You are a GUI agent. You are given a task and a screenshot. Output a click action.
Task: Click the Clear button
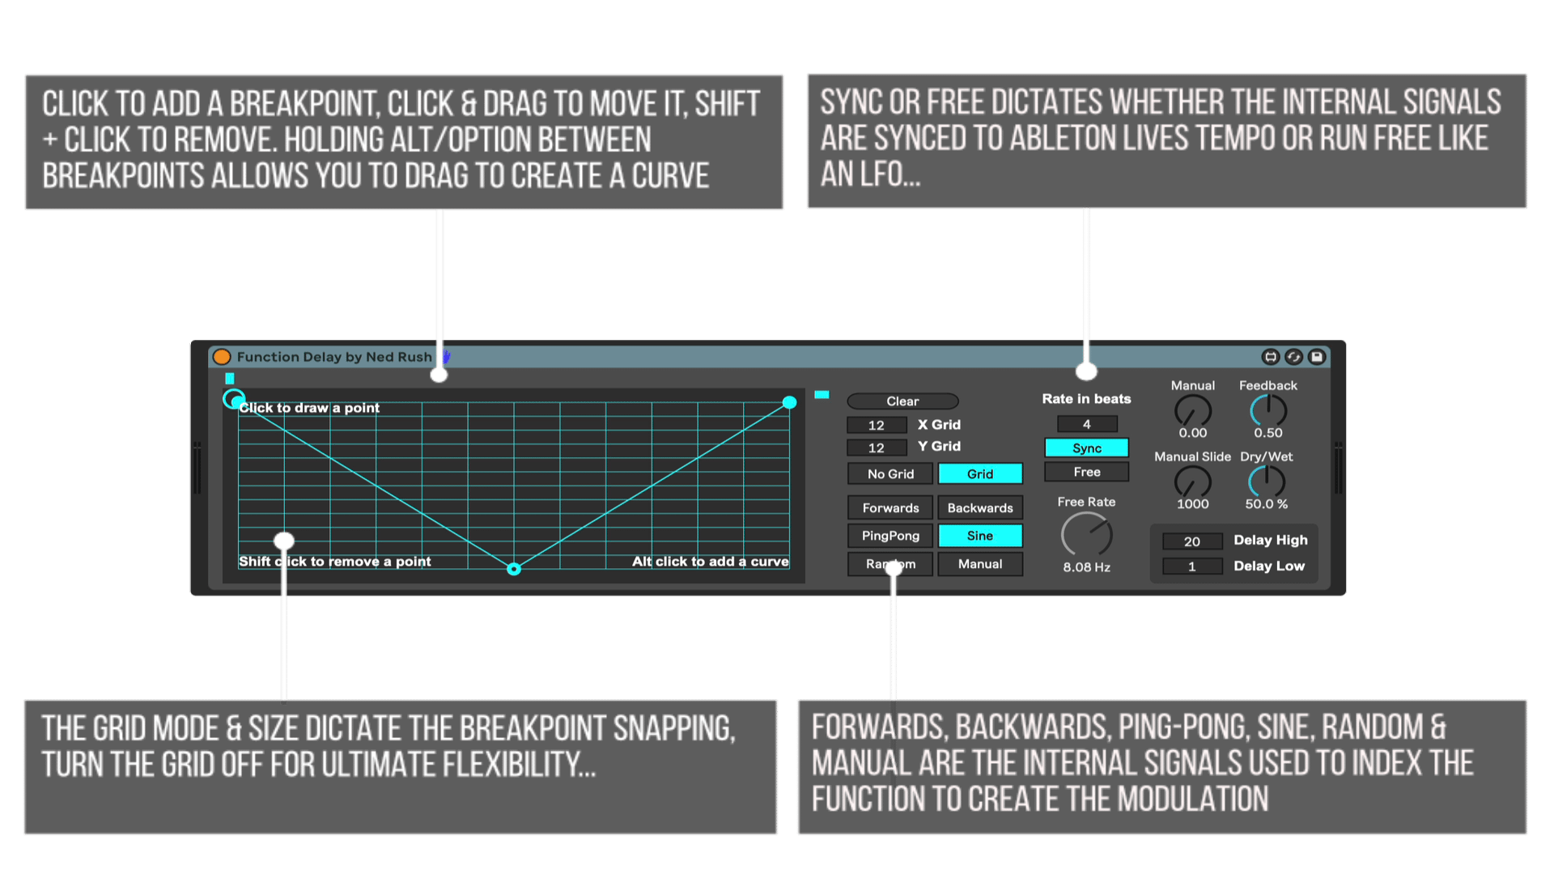902,401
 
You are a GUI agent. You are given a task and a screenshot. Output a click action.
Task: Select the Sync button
1086,448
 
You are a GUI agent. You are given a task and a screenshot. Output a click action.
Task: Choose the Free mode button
1086,472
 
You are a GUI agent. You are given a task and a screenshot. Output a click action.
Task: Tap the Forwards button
890,507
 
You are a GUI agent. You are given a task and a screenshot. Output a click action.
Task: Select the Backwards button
980,507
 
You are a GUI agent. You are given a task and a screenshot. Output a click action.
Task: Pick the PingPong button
890,536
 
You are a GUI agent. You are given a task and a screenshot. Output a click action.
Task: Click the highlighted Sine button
980,536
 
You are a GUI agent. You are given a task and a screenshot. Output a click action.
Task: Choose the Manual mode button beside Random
980,564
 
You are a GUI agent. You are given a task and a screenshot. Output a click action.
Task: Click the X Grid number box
877,425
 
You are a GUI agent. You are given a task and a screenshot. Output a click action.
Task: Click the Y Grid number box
877,448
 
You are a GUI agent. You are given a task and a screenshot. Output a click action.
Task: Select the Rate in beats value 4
1087,424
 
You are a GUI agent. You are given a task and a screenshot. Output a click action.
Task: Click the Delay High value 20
1192,541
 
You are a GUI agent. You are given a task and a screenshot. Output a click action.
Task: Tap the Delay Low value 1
1192,566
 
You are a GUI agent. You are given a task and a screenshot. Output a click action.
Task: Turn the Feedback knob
1268,411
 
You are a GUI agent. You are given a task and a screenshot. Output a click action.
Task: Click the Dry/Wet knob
1267,482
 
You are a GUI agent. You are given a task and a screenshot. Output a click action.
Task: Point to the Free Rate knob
1087,535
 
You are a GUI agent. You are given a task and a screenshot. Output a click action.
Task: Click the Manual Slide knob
1193,482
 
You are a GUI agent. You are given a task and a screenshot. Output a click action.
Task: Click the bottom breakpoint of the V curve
514,569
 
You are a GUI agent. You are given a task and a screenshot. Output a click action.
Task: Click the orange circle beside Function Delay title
222,357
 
